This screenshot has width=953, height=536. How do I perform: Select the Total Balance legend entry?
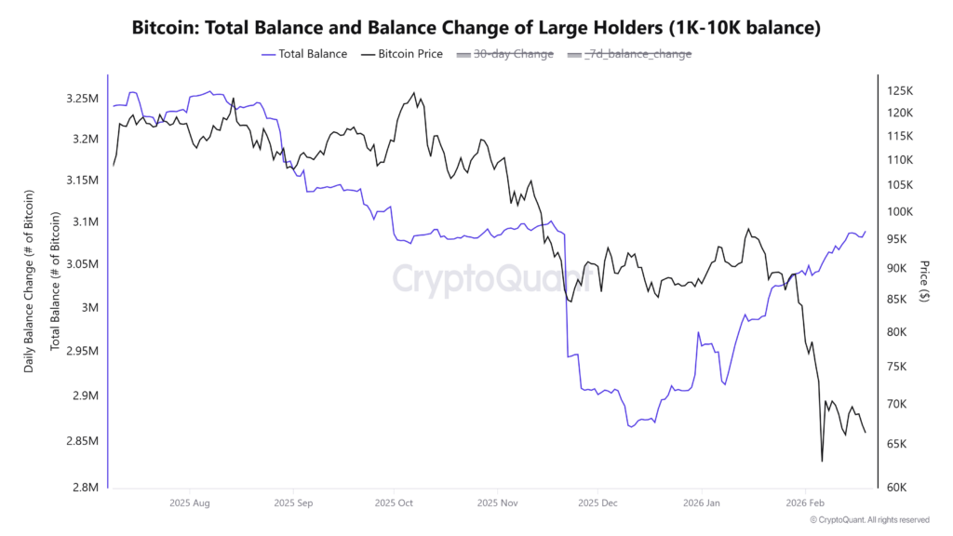pyautogui.click(x=306, y=54)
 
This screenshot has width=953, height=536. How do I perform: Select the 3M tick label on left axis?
pyautogui.click(x=89, y=308)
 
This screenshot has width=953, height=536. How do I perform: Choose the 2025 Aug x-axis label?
pyautogui.click(x=188, y=502)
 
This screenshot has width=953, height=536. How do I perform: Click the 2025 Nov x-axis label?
pyautogui.click(x=496, y=502)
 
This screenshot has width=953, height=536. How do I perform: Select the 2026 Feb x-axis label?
pyautogui.click(x=804, y=502)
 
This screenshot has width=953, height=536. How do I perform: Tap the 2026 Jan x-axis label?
pyautogui.click(x=702, y=502)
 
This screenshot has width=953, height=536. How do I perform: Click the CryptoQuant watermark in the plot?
pyautogui.click(x=490, y=278)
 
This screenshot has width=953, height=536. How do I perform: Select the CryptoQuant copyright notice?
pyautogui.click(x=869, y=520)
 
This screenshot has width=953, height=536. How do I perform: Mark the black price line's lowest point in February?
pyautogui.click(x=822, y=461)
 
